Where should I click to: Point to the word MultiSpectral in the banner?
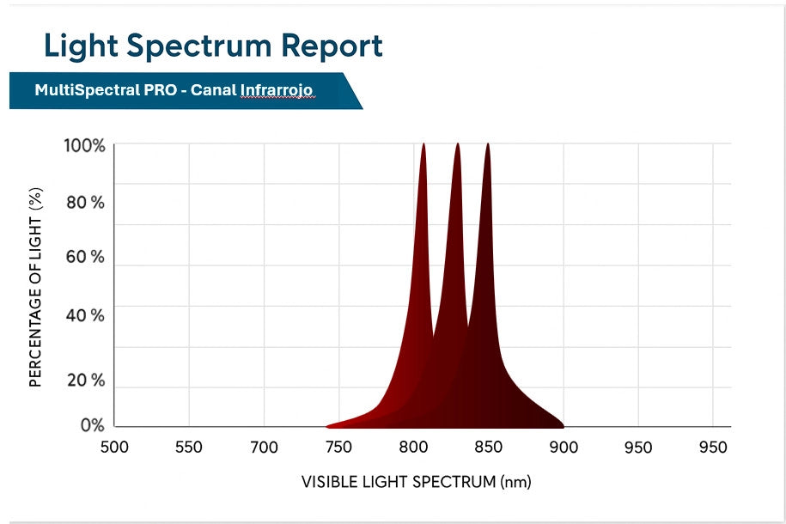coord(82,90)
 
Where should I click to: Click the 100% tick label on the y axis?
coord(85,146)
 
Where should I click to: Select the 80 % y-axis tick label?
coord(85,203)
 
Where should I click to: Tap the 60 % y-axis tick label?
coord(85,257)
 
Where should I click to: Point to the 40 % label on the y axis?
coord(85,315)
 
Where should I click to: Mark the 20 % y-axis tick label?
coord(85,380)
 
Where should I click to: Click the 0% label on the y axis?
coord(92,425)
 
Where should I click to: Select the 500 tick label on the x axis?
coord(114,448)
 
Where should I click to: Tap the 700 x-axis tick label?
coord(264,448)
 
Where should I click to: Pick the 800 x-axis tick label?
coord(414,448)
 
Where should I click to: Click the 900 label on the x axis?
coord(564,448)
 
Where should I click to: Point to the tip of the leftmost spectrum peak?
coord(423,144)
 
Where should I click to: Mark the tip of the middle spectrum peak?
coord(457,144)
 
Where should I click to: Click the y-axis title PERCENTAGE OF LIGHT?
coord(36,288)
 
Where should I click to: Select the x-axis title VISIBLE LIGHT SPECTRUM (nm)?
coord(417,481)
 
